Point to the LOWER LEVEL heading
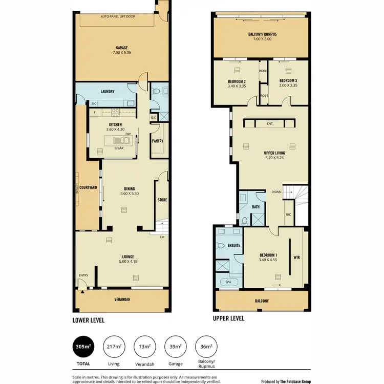coord(89,320)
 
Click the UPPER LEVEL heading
coord(228,318)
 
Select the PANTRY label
coord(158,140)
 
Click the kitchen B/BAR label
coord(119,149)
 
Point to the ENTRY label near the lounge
coord(83,275)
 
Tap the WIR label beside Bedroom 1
coord(296,258)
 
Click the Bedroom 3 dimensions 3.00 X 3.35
coord(288,86)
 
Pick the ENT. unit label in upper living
coord(270,123)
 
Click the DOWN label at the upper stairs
coord(276,193)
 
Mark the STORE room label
coord(162,200)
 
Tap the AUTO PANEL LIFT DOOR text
coord(121,16)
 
